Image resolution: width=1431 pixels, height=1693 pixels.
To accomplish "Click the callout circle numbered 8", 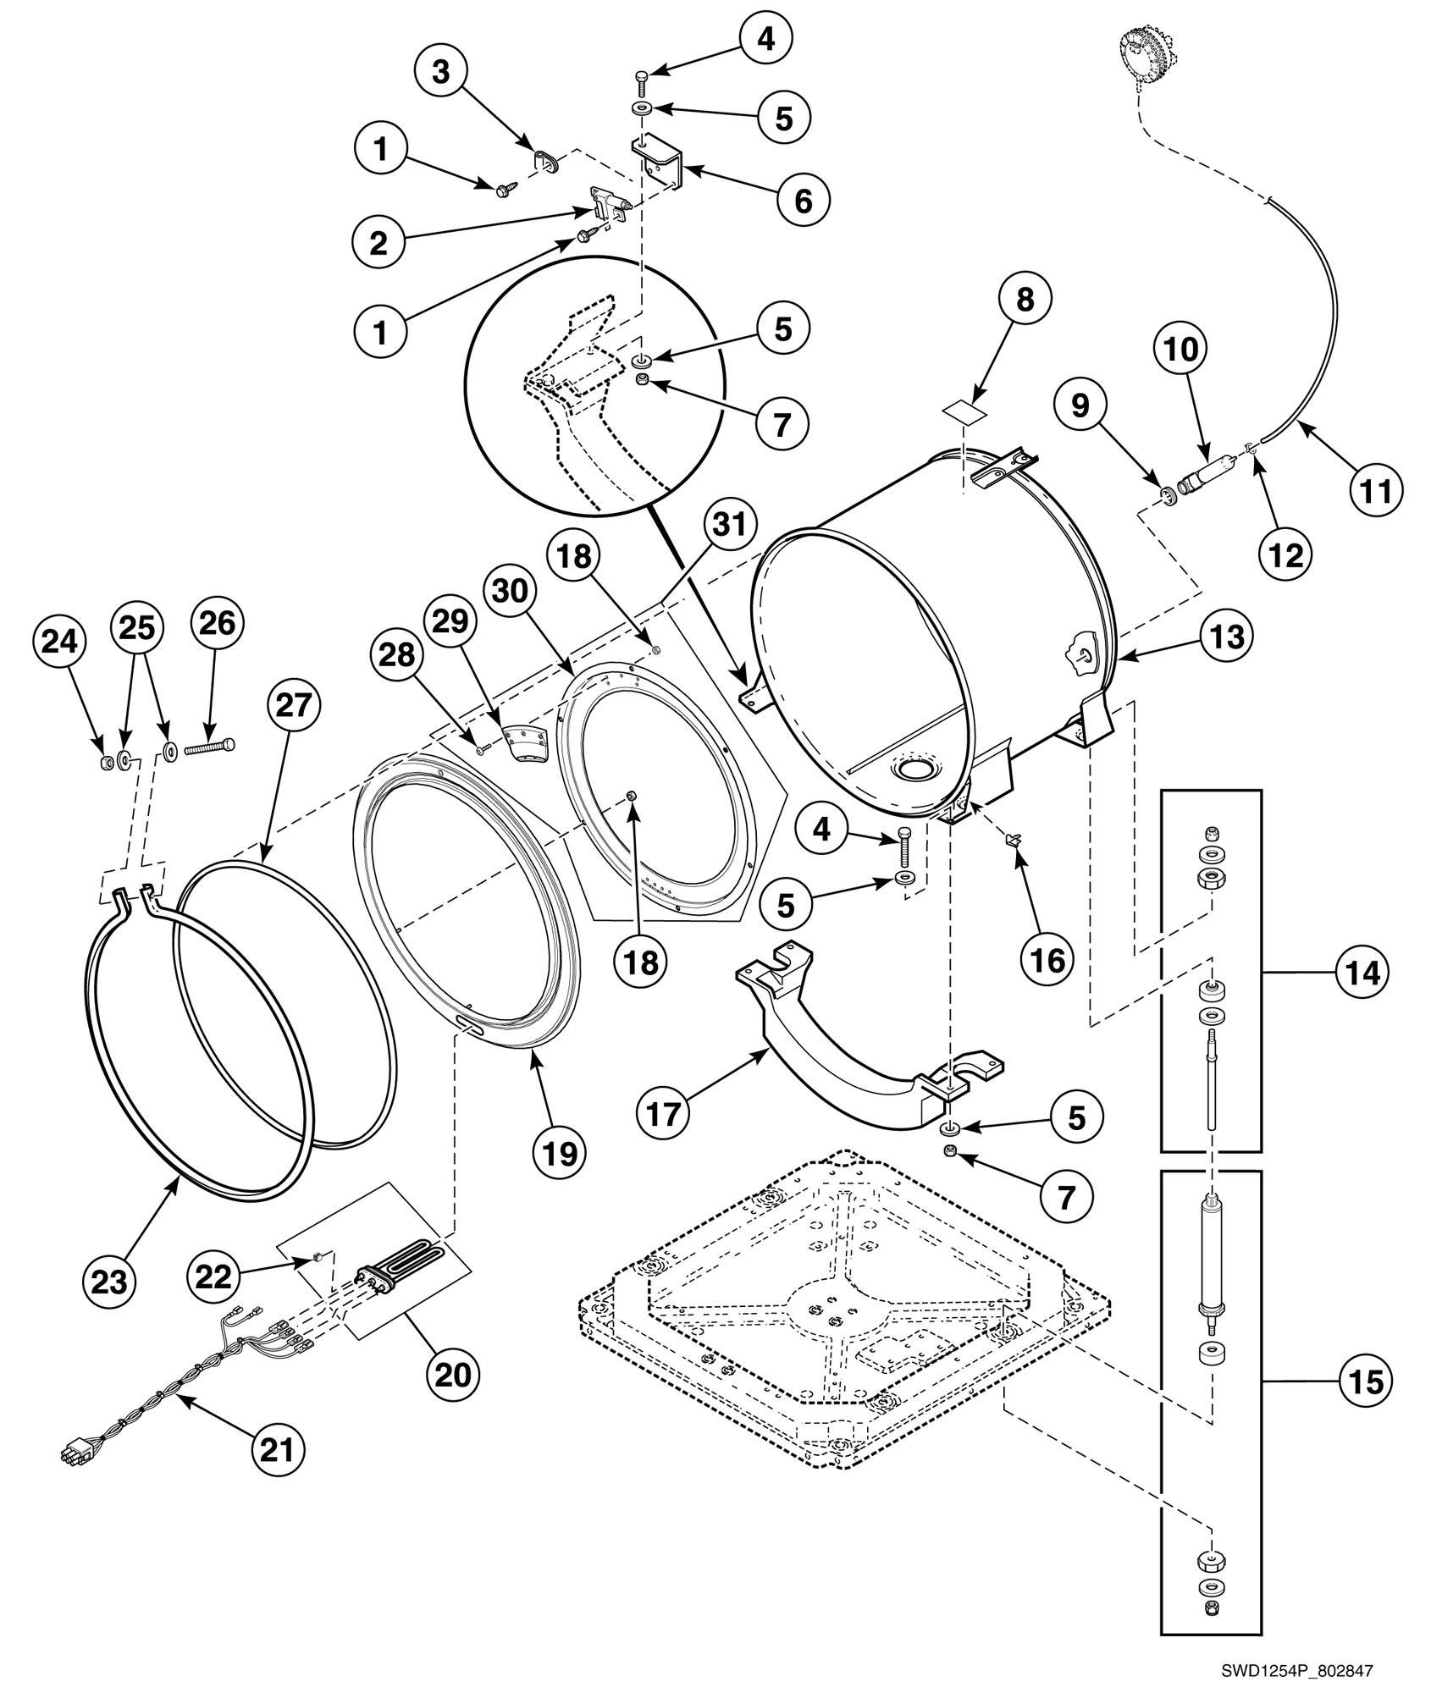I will point(1025,299).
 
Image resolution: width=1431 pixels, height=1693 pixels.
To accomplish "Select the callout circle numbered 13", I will point(1227,635).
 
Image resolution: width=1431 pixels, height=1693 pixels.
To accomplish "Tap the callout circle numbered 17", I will point(665,1114).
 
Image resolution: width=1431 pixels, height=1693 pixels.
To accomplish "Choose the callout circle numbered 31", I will point(729,524).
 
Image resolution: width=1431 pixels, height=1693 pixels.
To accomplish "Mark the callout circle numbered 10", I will point(1182,348).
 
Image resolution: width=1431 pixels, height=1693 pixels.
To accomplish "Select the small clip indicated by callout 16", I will point(1014,839).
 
